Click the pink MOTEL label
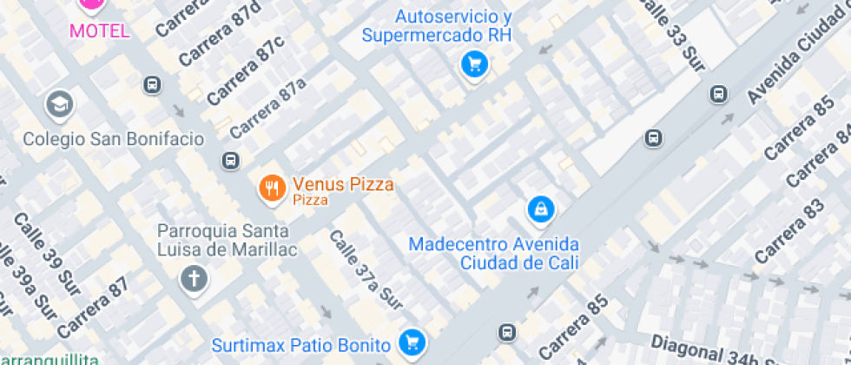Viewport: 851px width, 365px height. (100, 31)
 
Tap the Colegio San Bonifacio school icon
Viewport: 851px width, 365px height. (60, 105)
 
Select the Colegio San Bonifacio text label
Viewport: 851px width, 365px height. (114, 139)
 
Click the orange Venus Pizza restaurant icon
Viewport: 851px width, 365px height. (273, 188)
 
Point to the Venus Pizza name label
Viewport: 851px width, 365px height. (343, 184)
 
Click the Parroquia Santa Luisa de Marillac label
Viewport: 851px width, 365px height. (227, 241)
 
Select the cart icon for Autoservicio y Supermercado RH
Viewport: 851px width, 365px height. (474, 63)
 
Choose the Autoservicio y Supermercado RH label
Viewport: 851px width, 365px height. (437, 26)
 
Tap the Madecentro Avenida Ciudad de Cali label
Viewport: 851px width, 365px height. (494, 253)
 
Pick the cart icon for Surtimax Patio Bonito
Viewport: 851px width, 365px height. (411, 341)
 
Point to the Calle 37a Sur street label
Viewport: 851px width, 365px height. (366, 270)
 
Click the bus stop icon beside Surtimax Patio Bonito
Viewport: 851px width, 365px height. (506, 332)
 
